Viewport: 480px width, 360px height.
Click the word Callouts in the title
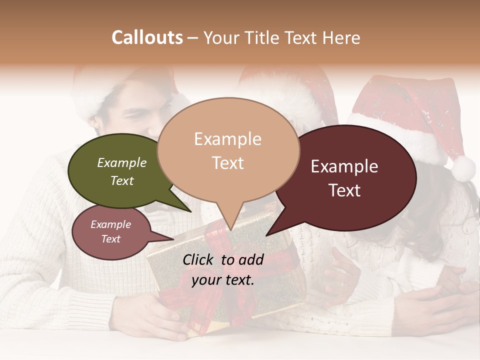click(x=147, y=37)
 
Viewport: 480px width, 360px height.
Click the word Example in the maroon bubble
click(x=344, y=166)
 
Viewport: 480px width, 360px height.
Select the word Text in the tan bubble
click(x=228, y=163)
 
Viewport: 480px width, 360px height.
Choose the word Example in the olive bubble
click(x=122, y=162)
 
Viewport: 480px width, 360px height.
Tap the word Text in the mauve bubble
click(x=111, y=239)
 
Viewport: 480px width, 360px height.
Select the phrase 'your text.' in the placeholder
click(x=223, y=280)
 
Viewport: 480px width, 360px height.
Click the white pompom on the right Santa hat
click(x=463, y=168)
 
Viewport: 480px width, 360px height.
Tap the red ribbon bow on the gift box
click(x=220, y=240)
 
